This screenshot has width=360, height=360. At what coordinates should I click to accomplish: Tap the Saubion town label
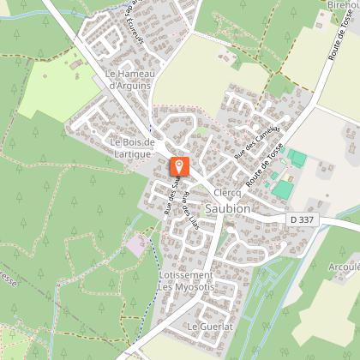[x=228, y=208]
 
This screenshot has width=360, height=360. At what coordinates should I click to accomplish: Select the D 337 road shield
[x=302, y=220]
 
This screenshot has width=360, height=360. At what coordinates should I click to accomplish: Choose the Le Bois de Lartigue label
[x=130, y=147]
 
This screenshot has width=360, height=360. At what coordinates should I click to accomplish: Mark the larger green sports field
[x=283, y=189]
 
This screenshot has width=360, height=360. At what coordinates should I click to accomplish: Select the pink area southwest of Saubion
[x=135, y=246]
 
